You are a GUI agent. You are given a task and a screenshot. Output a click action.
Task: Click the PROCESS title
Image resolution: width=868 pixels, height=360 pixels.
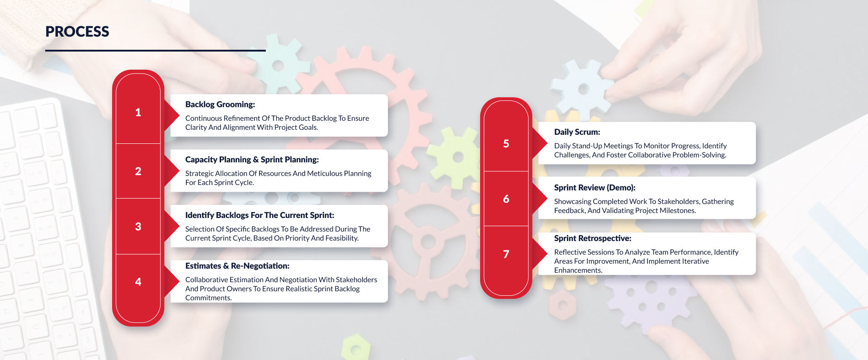point(77,32)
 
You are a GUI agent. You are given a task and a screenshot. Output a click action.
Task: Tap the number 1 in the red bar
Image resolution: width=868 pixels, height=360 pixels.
point(138,112)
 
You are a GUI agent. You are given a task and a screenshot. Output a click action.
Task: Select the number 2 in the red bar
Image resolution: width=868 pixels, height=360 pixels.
point(138,171)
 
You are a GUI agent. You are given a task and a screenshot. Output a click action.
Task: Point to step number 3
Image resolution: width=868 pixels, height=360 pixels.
point(138,227)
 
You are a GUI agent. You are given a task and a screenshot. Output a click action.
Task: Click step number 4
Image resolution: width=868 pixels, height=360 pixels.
point(138,282)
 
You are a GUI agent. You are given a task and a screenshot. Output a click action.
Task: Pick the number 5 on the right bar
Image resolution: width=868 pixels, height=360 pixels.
point(506,144)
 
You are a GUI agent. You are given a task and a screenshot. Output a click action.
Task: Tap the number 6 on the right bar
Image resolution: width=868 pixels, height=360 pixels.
point(506,199)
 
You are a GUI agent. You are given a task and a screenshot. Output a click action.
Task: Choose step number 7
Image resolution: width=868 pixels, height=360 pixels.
point(506,254)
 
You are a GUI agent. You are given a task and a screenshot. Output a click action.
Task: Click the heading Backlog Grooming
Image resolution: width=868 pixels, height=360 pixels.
point(220,104)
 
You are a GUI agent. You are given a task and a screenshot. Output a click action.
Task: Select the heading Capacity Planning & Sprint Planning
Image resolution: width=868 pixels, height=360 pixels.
point(252,160)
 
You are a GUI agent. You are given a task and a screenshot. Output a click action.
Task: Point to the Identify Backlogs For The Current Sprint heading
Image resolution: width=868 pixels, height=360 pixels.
point(259,215)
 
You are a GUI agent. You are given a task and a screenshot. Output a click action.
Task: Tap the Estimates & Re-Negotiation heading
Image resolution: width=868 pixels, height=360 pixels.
point(237,266)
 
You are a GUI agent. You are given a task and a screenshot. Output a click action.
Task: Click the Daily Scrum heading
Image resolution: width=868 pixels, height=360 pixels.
point(577,132)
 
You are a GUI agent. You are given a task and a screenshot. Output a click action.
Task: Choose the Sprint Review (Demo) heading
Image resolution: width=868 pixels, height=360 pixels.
point(594,188)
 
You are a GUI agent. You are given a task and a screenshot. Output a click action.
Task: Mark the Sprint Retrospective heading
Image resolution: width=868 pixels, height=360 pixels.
point(593,238)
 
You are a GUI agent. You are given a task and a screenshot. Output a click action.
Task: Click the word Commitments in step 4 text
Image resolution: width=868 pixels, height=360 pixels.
point(208,298)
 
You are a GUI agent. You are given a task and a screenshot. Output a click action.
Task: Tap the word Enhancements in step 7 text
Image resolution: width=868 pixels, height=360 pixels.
point(578,270)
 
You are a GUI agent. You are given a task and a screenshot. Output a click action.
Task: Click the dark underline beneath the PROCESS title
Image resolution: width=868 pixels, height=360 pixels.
point(155,51)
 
